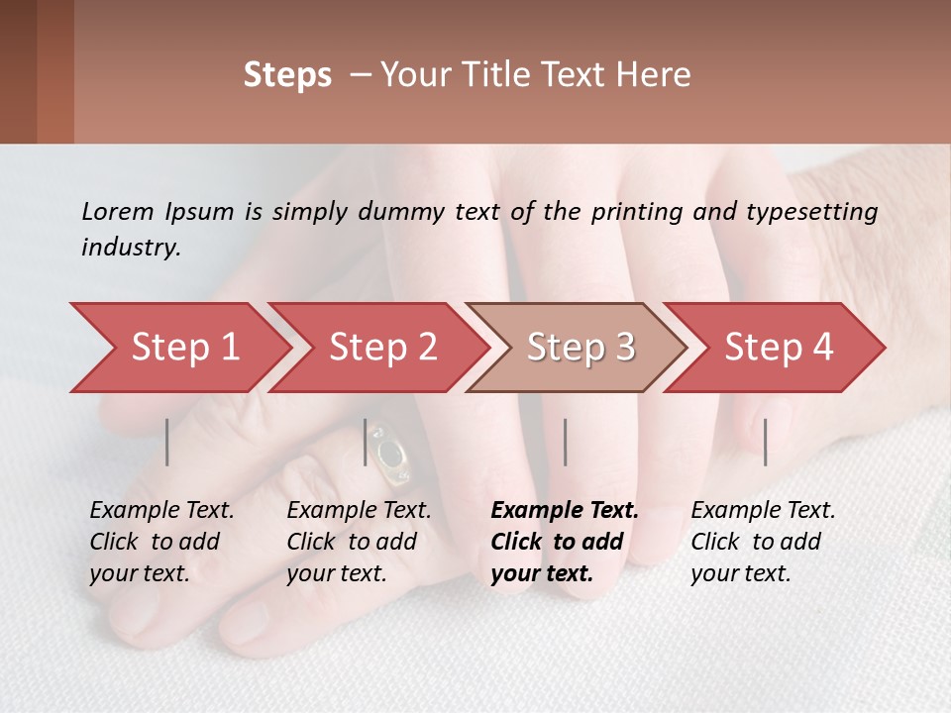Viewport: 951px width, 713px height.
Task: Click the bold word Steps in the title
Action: pos(287,75)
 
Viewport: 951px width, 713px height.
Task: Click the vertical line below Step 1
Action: pos(167,442)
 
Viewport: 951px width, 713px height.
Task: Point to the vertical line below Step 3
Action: pos(565,442)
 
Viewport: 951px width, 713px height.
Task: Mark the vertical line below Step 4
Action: pos(766,442)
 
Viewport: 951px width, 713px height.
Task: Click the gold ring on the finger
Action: pos(389,456)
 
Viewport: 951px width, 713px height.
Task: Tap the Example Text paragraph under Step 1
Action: pos(161,542)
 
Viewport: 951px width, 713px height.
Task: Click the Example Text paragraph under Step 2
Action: pos(359,542)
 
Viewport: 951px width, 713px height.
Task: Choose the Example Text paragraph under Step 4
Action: pos(763,542)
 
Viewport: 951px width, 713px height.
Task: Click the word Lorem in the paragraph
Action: pos(117,211)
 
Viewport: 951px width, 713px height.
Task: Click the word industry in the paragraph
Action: pos(129,247)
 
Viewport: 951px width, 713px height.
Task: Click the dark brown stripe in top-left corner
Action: pos(18,71)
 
